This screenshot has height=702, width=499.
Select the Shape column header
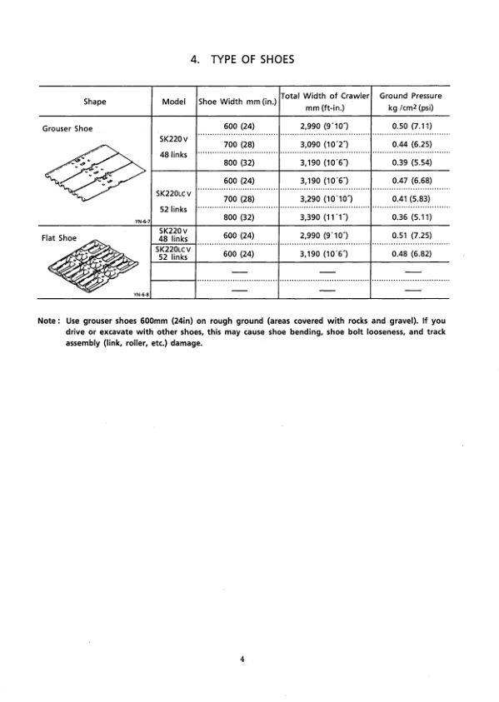[x=94, y=102]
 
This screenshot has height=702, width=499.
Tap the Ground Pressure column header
[x=411, y=102]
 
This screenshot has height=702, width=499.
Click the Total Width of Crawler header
[x=325, y=102]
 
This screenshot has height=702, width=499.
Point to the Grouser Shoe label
[x=67, y=128]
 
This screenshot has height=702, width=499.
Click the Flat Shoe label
[x=59, y=237]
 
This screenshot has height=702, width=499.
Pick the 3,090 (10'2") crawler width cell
[x=324, y=145]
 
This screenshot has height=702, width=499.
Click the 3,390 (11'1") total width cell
[x=324, y=217]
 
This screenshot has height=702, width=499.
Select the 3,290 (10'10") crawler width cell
[x=324, y=199]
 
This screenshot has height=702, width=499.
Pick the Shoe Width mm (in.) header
[x=238, y=102]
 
